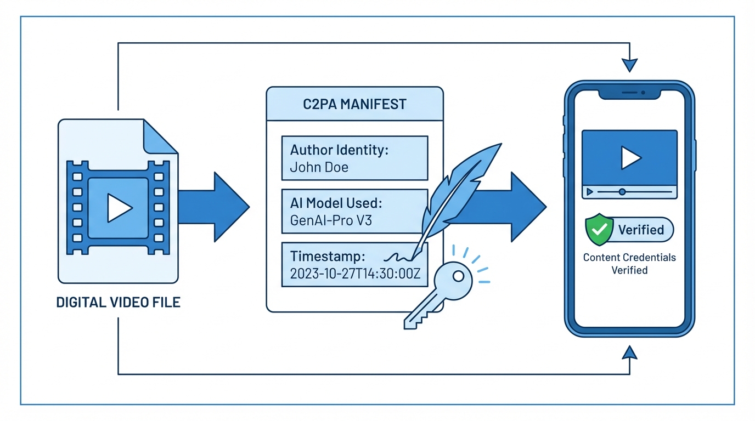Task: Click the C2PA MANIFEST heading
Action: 354,104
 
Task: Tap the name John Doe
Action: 319,167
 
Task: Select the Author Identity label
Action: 339,150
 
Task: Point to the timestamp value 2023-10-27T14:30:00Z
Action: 354,274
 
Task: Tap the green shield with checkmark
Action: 599,229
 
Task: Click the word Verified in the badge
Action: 641,229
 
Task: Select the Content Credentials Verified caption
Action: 629,264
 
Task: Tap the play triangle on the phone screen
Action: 630,158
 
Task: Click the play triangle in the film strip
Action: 119,208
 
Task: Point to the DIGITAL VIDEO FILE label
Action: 118,302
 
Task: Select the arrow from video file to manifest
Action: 214,207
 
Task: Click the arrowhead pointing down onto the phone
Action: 630,65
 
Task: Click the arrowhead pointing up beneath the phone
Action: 630,352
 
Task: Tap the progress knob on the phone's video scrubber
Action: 622,192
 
